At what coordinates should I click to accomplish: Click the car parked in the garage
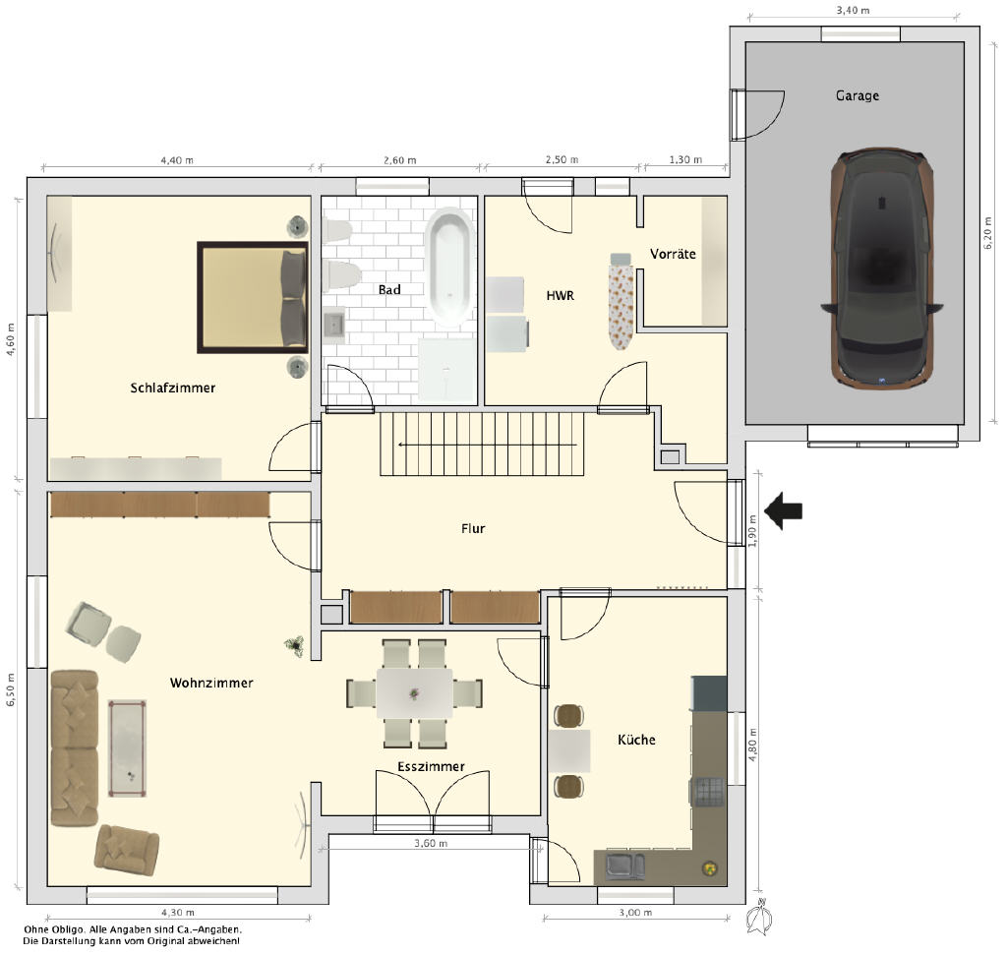[x=882, y=268]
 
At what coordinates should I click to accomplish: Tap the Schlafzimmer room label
[x=173, y=388]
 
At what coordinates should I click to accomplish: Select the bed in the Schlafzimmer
[x=253, y=297]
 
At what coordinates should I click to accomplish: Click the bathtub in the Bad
[x=449, y=267]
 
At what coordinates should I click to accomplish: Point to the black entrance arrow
[x=783, y=510]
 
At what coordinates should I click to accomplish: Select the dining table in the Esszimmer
[x=414, y=693]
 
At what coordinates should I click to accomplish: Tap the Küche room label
[x=636, y=740]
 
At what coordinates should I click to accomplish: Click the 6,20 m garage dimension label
[x=988, y=233]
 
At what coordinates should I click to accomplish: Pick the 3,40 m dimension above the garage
[x=853, y=10]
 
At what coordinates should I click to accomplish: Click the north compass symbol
[x=760, y=917]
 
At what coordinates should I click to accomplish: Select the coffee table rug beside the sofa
[x=127, y=748]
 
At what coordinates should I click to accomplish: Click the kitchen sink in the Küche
[x=625, y=865]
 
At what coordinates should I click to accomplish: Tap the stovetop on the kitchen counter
[x=709, y=792]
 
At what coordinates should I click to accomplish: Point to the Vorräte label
[x=673, y=254]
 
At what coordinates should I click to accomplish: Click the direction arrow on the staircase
[x=488, y=445]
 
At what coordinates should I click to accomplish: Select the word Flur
[x=473, y=528]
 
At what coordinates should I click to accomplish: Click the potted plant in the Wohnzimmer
[x=295, y=645]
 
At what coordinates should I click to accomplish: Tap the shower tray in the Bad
[x=447, y=371]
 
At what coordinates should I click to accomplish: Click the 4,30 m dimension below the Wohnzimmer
[x=178, y=912]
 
